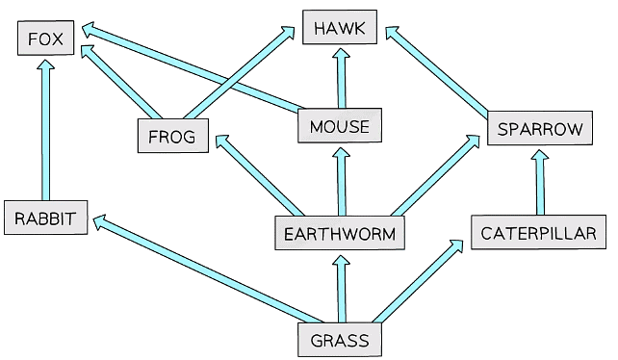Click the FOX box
point(45,39)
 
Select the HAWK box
point(339,28)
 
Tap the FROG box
point(172,137)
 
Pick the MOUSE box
point(340,126)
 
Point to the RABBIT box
point(45,218)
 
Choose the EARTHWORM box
point(340,233)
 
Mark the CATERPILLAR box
point(538,233)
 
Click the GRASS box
point(340,340)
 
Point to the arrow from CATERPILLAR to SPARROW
point(539,183)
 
